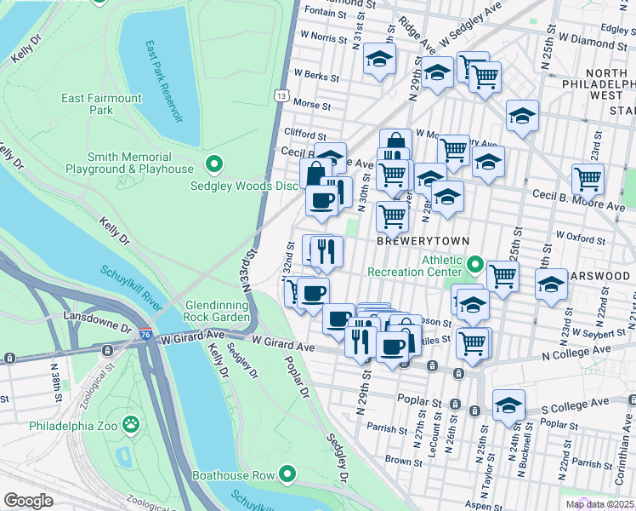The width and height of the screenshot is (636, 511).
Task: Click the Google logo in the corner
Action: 28,501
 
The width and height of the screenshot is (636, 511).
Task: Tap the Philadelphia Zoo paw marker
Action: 130,424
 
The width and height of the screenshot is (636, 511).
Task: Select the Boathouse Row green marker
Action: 288,474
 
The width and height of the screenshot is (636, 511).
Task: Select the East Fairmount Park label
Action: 101,104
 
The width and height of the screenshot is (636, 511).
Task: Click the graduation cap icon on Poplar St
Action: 508,406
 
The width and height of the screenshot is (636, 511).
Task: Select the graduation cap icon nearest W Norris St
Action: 379,60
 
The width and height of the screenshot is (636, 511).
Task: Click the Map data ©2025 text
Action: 600,504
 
